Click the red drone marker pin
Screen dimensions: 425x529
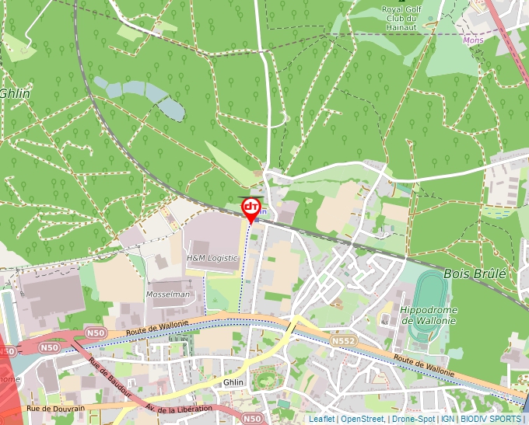coord(250,207)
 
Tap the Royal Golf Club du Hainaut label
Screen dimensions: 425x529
coord(401,18)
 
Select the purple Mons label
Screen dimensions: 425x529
coord(472,40)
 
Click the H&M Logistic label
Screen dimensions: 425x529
coord(212,257)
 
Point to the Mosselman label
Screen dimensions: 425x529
coord(168,294)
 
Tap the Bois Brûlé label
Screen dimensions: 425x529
coord(475,273)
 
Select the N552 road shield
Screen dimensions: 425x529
coord(342,340)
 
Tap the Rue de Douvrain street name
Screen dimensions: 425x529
coord(54,408)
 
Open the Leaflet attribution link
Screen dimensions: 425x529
coord(321,419)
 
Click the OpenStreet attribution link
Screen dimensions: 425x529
coord(362,419)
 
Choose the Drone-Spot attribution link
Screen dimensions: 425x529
coord(413,419)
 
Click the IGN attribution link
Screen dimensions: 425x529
coord(447,419)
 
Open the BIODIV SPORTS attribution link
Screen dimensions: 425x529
coord(491,419)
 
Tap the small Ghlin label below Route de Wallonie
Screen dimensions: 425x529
coord(233,382)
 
